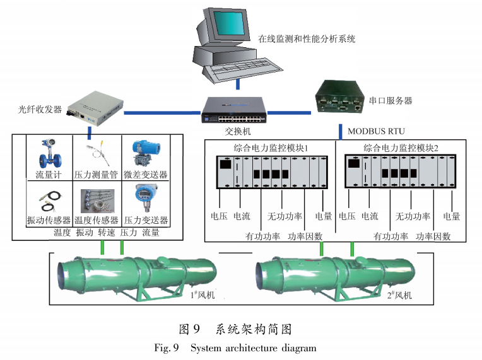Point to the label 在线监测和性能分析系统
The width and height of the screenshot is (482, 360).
[x=307, y=39]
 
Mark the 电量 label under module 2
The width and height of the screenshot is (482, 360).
[x=452, y=216]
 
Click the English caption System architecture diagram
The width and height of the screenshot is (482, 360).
[x=253, y=348]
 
